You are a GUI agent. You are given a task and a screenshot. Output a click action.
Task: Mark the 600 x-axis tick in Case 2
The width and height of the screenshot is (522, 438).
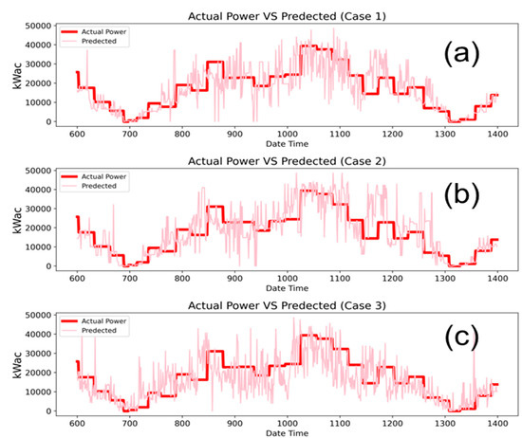point(77,277)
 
